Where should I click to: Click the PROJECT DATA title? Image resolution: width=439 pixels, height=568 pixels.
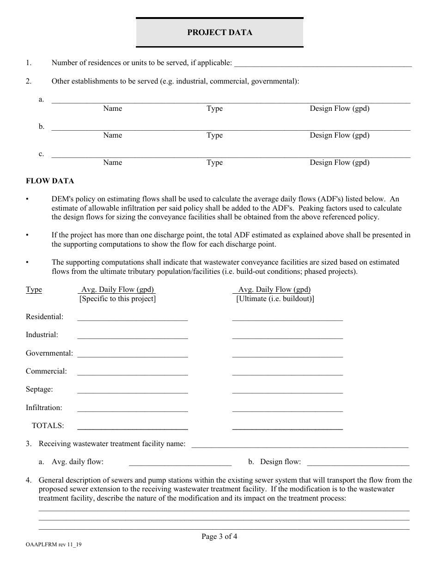pyautogui.click(x=219, y=32)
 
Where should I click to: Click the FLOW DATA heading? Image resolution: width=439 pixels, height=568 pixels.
pyautogui.click(x=49, y=181)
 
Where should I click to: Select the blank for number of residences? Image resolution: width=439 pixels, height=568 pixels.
pyautogui.click(x=323, y=63)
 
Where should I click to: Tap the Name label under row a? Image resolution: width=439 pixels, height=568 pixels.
pyautogui.click(x=112, y=109)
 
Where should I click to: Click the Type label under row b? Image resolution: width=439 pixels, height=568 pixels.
pyautogui.click(x=214, y=135)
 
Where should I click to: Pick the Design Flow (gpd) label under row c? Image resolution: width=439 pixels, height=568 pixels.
pyautogui.click(x=339, y=163)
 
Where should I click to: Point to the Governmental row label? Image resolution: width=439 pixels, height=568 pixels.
pyautogui.click(x=49, y=353)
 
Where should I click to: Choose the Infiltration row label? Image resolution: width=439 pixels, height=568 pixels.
pyautogui.click(x=44, y=408)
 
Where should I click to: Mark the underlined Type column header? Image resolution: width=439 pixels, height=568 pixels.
pyautogui.click(x=34, y=290)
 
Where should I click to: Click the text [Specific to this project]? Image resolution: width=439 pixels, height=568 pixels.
pyautogui.click(x=117, y=299)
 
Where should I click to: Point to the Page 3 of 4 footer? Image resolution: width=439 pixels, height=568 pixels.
pyautogui.click(x=219, y=537)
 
